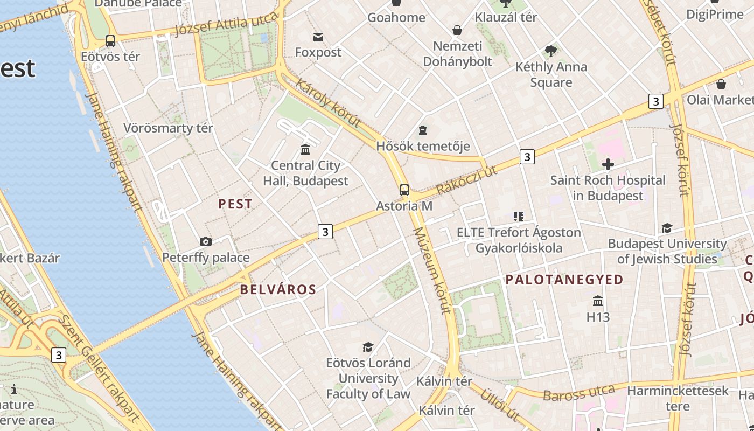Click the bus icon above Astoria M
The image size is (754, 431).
[404, 190]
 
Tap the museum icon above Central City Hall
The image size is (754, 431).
[305, 149]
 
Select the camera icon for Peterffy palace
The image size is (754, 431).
[205, 242]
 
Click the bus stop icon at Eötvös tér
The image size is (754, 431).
[110, 41]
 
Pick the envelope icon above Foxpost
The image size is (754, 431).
[318, 37]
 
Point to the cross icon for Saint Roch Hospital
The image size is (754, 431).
[608, 164]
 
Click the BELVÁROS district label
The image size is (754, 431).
[278, 289]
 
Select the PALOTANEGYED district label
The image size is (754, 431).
[564, 280]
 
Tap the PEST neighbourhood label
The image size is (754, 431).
[235, 204]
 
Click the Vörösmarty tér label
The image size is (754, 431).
[168, 128]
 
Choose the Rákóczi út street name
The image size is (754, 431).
[466, 180]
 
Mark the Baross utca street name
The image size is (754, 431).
[578, 393]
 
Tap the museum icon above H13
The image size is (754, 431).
[597, 301]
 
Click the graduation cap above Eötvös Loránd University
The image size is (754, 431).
[368, 347]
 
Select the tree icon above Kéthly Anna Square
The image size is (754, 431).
[550, 51]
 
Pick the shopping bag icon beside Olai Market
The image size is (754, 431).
[721, 84]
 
